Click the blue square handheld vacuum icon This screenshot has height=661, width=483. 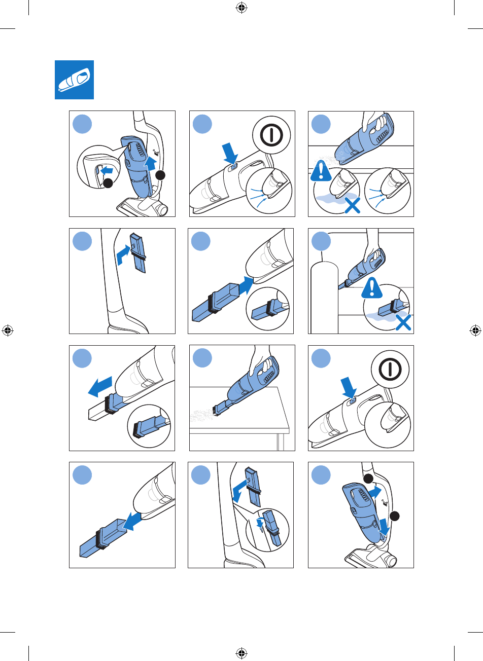[x=74, y=80]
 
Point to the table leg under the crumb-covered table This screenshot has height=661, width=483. [x=278, y=440]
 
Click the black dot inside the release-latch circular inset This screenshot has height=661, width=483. [x=108, y=184]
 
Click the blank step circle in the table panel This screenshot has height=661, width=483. [x=202, y=358]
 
